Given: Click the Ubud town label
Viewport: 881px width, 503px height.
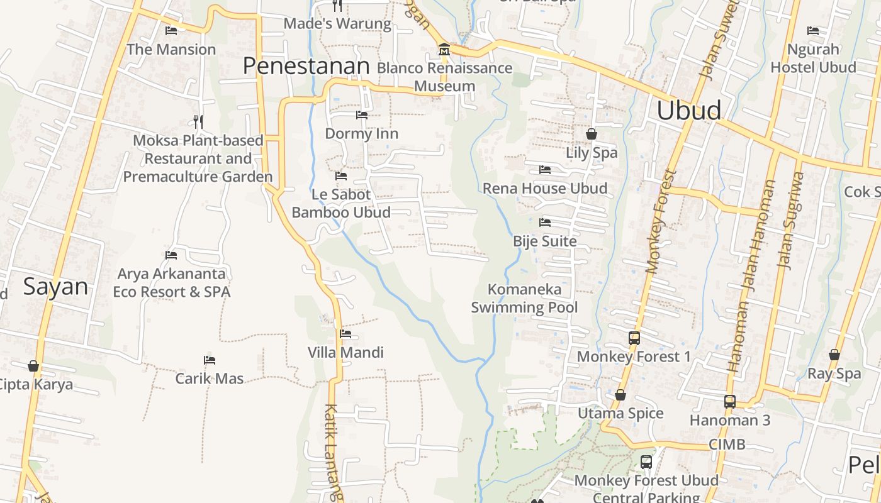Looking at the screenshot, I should coord(688,111).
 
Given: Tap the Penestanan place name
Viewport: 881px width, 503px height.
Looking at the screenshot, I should coord(306,66).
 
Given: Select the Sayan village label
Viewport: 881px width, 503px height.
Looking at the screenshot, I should coord(55,287).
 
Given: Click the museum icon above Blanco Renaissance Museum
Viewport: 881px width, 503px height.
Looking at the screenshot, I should coord(444,50).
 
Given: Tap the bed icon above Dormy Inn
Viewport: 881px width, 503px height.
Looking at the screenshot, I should coord(362,115).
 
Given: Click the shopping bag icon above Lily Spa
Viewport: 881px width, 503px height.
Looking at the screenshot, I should coord(592,133).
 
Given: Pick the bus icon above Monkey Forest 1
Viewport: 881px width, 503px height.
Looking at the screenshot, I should coord(634,338).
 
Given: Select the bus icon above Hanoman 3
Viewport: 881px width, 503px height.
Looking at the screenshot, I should coord(729,401).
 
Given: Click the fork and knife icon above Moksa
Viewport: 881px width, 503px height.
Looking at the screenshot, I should coord(198,121).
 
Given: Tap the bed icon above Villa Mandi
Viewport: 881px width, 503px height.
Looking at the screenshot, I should coord(345,334).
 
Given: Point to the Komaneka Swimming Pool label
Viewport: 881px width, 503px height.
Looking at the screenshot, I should coord(524,299).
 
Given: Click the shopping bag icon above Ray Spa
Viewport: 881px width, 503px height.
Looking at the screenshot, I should coord(834,355).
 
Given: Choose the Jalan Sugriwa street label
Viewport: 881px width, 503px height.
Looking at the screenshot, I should coord(792,220).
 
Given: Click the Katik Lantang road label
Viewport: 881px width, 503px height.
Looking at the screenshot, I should coord(334,451).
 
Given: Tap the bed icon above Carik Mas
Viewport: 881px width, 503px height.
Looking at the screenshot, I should coord(210,360).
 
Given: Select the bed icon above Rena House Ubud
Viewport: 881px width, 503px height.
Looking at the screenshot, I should coord(545,170).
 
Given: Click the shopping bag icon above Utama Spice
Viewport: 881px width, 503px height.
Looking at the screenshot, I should coord(620,395).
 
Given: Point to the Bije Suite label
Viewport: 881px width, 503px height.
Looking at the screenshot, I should coord(544,241).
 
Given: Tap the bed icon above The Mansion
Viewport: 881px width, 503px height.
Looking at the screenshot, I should coord(171,31).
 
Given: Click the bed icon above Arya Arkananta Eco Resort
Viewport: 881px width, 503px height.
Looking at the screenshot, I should coord(171,255).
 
